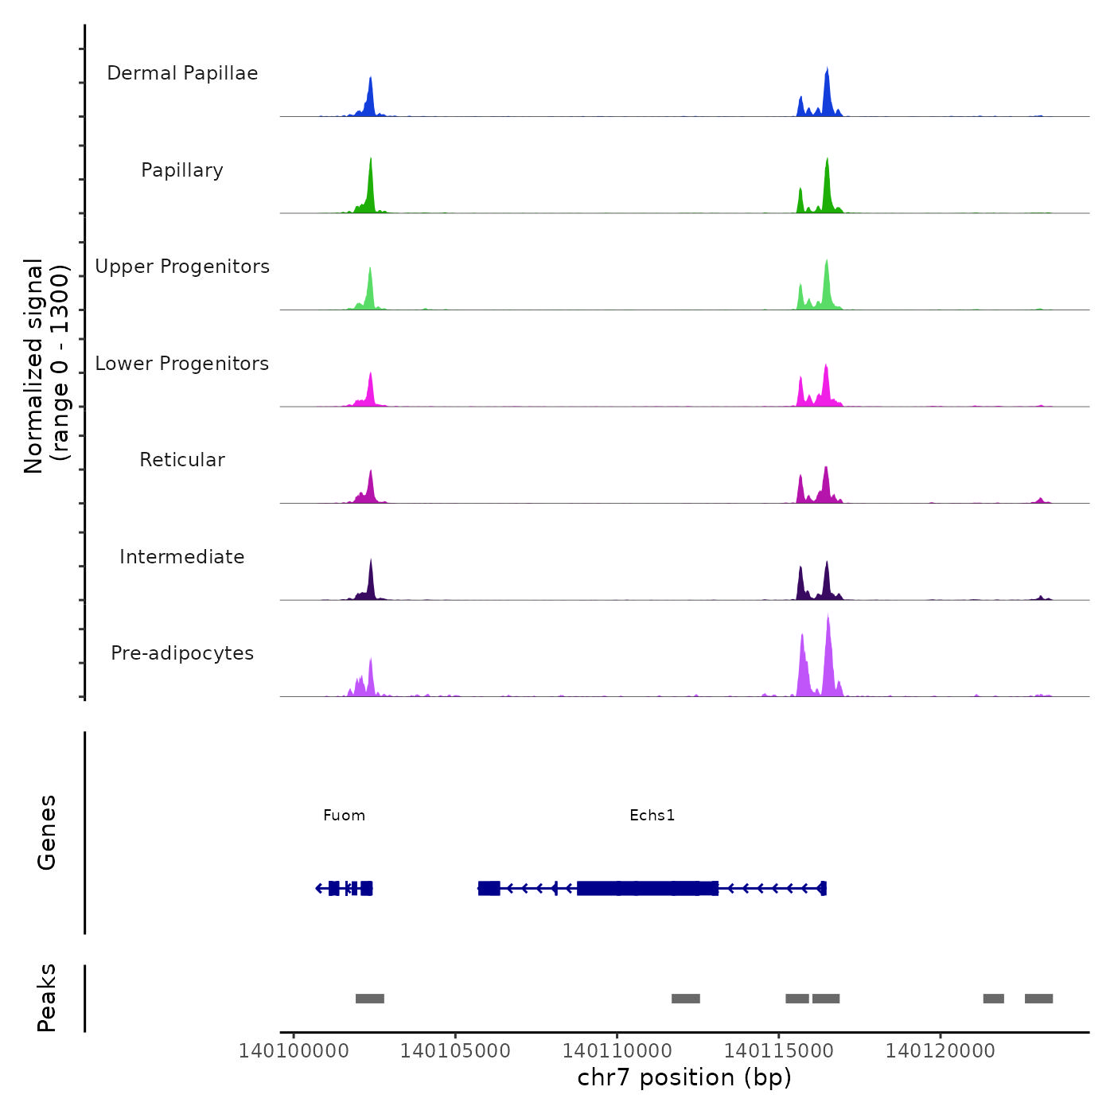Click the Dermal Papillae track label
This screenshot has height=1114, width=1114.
[182, 73]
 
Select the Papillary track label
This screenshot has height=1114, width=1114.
[182, 170]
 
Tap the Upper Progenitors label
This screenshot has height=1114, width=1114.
[182, 267]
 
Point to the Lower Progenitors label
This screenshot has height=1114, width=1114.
[182, 364]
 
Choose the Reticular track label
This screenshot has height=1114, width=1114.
[182, 460]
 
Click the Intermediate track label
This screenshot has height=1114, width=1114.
[182, 557]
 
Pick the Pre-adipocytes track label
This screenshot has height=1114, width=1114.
[182, 653]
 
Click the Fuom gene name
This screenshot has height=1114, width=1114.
[344, 816]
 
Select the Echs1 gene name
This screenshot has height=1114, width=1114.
[652, 816]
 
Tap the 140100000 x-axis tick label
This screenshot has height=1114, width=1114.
[294, 1051]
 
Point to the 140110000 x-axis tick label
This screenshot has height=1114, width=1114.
[617, 1051]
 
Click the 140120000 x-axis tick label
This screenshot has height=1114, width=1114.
[941, 1051]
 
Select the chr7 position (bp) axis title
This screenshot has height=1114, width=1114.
[684, 1077]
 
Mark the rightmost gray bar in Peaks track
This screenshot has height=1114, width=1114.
[1038, 999]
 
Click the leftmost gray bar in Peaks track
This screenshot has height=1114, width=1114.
[370, 999]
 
